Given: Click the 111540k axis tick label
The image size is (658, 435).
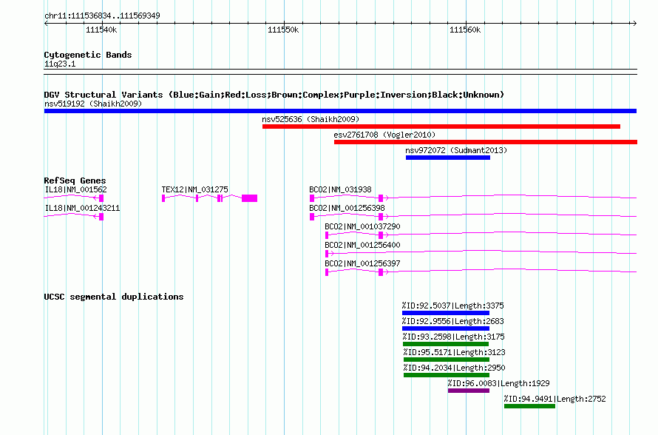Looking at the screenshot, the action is tap(101, 30).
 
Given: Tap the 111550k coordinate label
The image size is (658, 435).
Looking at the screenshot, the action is tap(283, 30).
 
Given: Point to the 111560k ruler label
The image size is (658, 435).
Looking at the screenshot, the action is tap(465, 30).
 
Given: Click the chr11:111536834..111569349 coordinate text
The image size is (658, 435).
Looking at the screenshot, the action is tap(102, 16).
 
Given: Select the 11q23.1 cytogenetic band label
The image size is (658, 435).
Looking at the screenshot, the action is tap(60, 64).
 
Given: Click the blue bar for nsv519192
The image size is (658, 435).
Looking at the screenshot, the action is tap(340, 111).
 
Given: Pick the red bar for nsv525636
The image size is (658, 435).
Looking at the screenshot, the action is tap(441, 127).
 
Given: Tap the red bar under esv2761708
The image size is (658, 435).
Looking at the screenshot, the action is tap(486, 142).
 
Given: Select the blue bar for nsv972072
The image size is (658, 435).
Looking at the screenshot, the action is tap(448, 158).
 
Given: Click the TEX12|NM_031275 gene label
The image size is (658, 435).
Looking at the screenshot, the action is tap(194, 190).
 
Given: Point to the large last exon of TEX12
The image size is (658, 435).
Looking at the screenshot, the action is tap(250, 198).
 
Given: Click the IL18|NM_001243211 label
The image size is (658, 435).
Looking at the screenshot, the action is tap(82, 209).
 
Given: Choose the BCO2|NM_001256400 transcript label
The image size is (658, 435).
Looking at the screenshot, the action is tap(362, 245).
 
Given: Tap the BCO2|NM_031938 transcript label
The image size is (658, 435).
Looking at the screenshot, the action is tap(340, 190).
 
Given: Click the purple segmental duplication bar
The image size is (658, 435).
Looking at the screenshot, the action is tap(469, 391).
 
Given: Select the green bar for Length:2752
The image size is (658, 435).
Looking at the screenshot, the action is tap(529, 406).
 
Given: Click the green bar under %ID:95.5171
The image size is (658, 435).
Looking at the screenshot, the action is tap(447, 360).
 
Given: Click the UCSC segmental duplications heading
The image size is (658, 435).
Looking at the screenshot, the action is tap(114, 297).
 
